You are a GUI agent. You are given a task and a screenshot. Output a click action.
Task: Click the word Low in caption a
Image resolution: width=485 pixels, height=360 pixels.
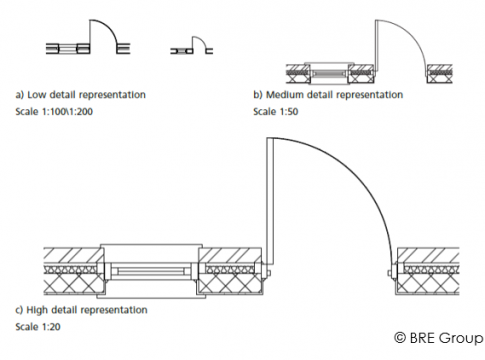click(36, 95)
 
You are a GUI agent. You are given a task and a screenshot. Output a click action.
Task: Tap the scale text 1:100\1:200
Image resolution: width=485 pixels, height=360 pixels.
click(67, 111)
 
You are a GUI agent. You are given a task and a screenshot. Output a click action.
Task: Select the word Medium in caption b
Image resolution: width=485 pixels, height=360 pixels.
click(284, 95)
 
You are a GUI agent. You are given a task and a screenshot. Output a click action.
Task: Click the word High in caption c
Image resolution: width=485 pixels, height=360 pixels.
click(36, 310)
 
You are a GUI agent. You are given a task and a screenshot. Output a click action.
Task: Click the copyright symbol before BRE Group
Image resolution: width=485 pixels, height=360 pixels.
click(400, 338)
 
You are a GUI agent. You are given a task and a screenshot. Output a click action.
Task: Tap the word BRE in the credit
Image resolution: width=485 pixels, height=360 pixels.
click(422, 338)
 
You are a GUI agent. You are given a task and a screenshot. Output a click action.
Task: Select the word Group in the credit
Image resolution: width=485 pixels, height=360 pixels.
click(461, 339)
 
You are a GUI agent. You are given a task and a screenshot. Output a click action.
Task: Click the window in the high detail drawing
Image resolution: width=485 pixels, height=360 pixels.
click(151, 271)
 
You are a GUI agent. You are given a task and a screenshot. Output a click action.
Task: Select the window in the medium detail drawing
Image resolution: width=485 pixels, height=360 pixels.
click(329, 73)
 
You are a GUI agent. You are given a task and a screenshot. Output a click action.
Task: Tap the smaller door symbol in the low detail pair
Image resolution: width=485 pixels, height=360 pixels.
click(192, 46)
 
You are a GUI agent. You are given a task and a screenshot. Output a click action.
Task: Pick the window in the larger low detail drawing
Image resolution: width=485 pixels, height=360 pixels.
click(68, 49)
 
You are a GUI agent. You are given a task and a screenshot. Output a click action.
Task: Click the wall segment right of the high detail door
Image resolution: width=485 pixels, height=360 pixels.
click(427, 271)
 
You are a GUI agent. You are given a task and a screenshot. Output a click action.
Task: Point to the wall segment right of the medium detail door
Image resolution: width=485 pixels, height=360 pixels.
click(439, 74)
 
